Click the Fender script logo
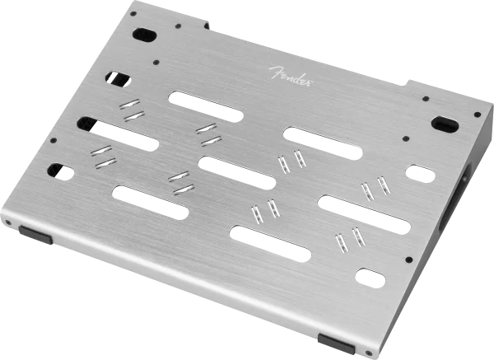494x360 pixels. [x=291, y=77]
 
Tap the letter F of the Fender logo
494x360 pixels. [x=275, y=72]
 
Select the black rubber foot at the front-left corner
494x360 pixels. [x=35, y=235]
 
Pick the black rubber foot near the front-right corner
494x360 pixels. [x=336, y=344]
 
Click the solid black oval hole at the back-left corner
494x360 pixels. [x=145, y=35]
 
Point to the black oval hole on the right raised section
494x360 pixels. [x=445, y=124]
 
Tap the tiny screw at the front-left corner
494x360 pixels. [x=8, y=223]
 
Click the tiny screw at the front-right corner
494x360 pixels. [x=368, y=353]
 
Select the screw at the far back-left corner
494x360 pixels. [x=133, y=13]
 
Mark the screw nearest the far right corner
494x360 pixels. [x=478, y=115]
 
